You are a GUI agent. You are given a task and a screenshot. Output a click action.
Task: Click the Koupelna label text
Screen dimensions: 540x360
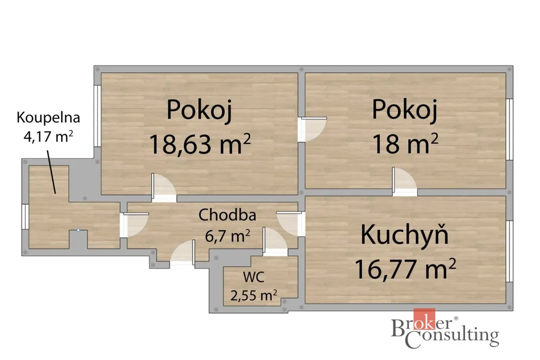click(48, 118)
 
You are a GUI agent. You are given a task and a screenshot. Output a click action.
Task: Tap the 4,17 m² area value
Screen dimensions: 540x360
click(48, 137)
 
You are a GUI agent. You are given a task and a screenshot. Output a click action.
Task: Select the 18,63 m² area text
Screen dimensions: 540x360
click(200, 144)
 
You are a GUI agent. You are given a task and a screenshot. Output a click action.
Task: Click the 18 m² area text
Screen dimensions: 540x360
click(405, 144)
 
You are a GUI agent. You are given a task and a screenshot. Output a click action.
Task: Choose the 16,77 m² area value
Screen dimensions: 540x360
click(405, 269)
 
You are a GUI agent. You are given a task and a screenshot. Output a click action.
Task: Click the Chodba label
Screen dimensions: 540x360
click(227, 215)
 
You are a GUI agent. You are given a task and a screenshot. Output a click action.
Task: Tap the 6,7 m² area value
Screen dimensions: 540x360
click(227, 236)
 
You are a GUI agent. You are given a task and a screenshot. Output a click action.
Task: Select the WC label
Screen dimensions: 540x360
click(254, 277)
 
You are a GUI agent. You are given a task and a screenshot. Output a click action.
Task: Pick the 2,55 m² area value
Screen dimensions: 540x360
click(254, 295)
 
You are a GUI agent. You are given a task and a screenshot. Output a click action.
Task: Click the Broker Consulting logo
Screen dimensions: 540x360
click(445, 329)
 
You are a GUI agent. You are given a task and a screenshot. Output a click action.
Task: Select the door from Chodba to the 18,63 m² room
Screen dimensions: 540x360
click(164, 188)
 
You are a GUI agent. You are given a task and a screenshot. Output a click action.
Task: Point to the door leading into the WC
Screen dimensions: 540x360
click(275, 241)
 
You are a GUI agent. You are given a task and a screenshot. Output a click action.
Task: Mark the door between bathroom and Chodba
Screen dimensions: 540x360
click(134, 225)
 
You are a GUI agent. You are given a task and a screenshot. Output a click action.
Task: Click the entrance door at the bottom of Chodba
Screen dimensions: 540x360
click(183, 252)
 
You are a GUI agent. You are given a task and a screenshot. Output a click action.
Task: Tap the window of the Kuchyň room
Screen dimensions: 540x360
click(510, 251)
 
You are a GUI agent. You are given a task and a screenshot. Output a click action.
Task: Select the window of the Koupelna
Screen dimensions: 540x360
click(25, 217)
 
